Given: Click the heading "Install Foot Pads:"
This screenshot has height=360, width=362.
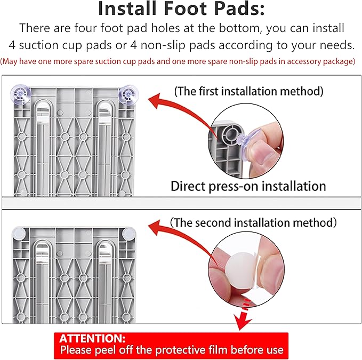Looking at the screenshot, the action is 181,9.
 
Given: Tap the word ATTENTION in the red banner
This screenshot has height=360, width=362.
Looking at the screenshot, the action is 92,339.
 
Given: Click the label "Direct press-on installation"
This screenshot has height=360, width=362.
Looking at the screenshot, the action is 248,186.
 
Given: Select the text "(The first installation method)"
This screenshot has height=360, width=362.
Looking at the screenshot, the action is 248,91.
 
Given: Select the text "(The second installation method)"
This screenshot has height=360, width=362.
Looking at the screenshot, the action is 253,222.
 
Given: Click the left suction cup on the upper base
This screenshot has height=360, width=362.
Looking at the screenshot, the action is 20,94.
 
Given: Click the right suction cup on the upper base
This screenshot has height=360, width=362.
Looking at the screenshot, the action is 128,95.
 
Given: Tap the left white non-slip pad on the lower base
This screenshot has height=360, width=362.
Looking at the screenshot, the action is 19,234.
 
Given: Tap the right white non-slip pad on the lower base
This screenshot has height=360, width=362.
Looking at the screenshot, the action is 129,234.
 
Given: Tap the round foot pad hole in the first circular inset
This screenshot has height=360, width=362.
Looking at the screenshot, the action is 230,133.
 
